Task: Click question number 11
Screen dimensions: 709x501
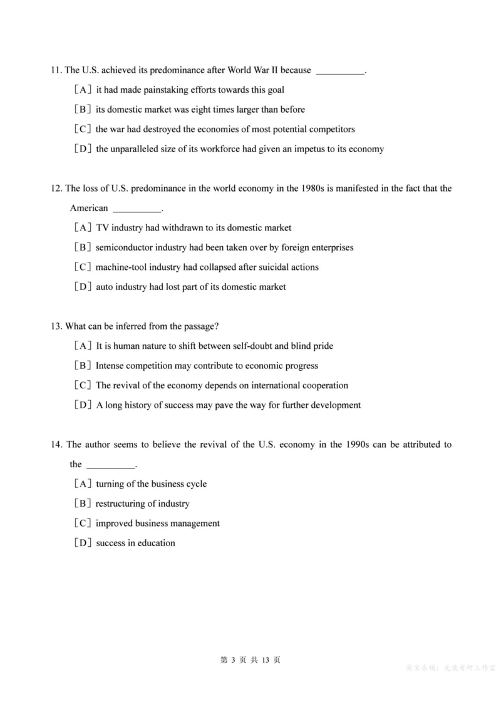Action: point(56,70)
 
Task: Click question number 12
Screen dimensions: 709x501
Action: point(56,188)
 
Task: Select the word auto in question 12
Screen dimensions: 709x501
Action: point(105,287)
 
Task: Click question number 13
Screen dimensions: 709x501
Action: point(56,326)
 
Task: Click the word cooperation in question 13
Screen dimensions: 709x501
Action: point(325,385)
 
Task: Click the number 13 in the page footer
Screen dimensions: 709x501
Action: point(266,660)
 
